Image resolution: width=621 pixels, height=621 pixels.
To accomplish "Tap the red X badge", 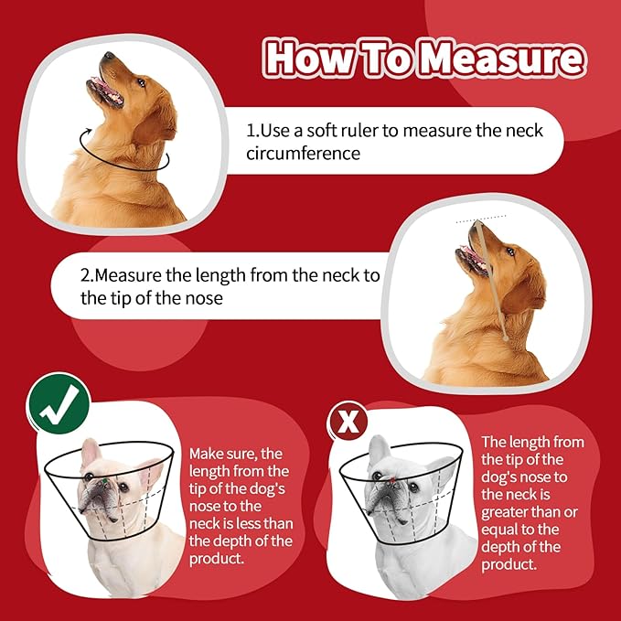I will pos(348,422).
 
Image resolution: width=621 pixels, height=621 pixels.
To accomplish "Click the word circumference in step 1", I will pos(303,153).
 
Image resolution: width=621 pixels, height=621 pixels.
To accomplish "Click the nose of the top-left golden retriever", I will pos(108,57).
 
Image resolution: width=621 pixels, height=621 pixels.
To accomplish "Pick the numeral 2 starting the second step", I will pos(86,275).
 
